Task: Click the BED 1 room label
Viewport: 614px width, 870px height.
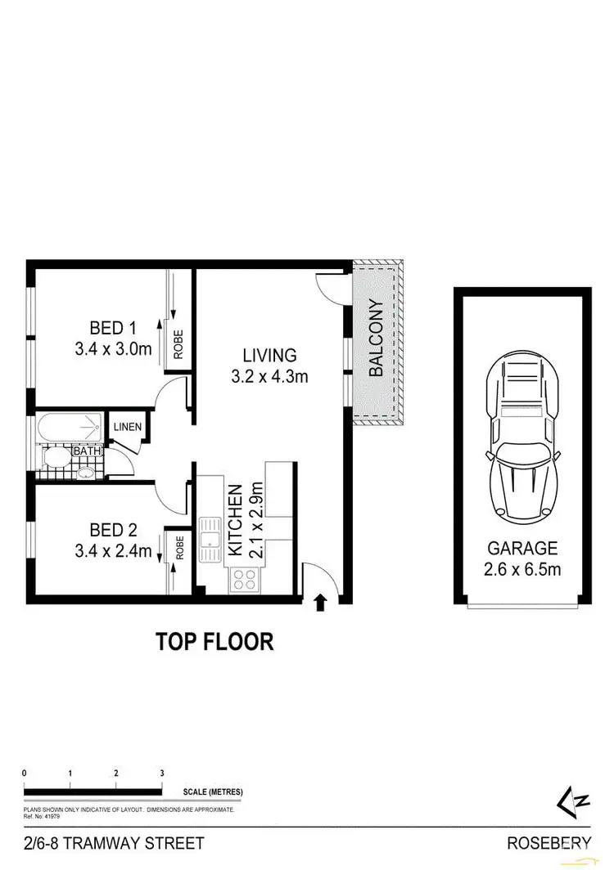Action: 113,328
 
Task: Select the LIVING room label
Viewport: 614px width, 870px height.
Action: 268,356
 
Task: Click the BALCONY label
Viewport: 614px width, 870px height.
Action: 377,339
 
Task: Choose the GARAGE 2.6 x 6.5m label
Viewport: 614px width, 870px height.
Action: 522,558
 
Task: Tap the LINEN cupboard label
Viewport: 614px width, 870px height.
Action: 128,427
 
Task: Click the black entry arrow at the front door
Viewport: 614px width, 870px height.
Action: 320,603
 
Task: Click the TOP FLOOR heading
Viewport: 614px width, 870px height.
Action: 214,642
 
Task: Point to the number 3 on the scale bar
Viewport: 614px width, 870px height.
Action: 162,773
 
